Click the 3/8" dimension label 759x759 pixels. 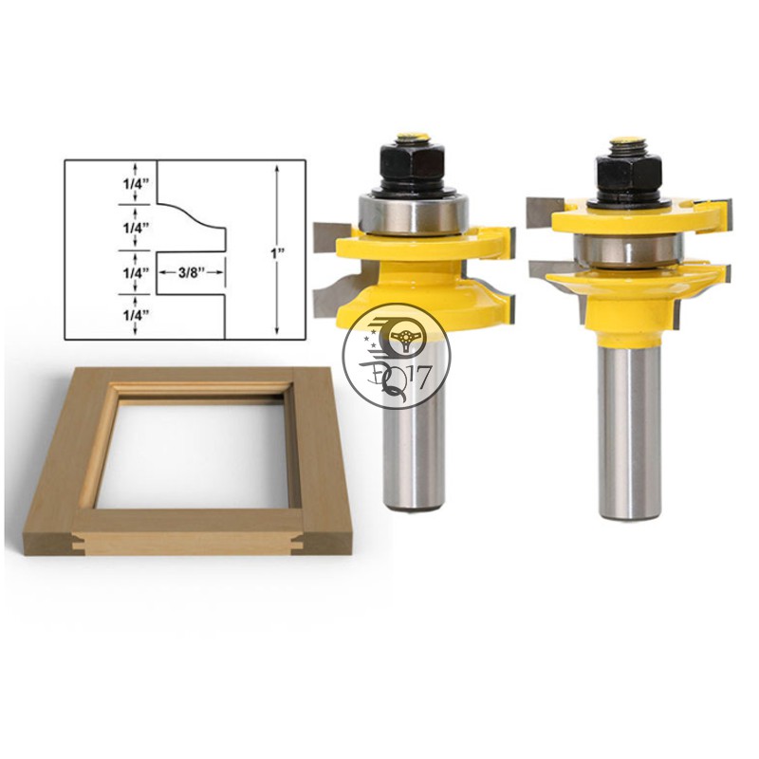coord(191,272)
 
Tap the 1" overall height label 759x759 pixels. coord(277,252)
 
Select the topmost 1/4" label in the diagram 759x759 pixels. coord(135,183)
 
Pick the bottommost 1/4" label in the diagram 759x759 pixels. coord(135,315)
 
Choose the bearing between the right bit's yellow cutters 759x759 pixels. coord(628,250)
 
